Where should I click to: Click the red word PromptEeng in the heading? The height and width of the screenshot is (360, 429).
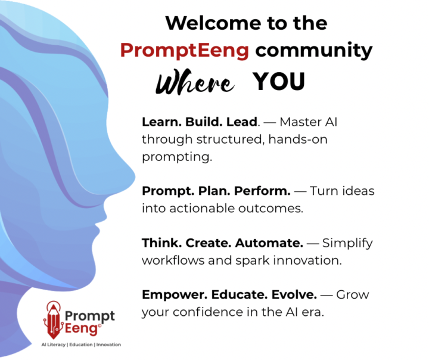point(185,50)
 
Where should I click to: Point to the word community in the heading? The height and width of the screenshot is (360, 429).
point(313,50)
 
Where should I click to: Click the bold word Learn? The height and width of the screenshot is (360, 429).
point(158,122)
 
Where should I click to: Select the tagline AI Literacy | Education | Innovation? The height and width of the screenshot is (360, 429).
point(80,345)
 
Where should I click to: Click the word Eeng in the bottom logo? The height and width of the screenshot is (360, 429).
point(80,328)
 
